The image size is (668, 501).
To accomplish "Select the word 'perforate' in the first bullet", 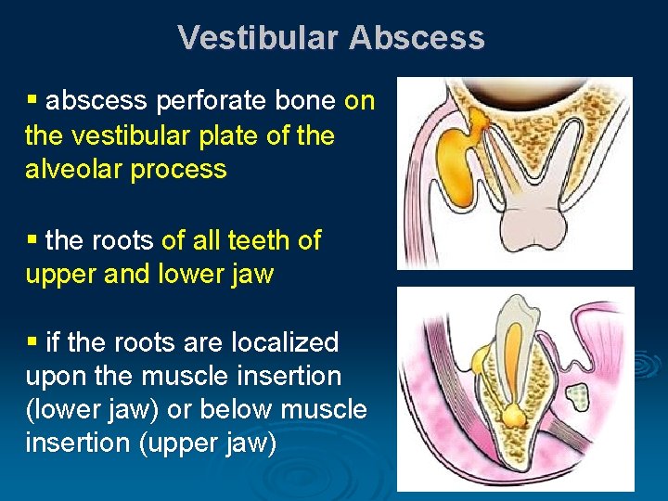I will (x=244, y=100).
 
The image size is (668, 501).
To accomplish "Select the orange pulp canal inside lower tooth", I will (x=511, y=353).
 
